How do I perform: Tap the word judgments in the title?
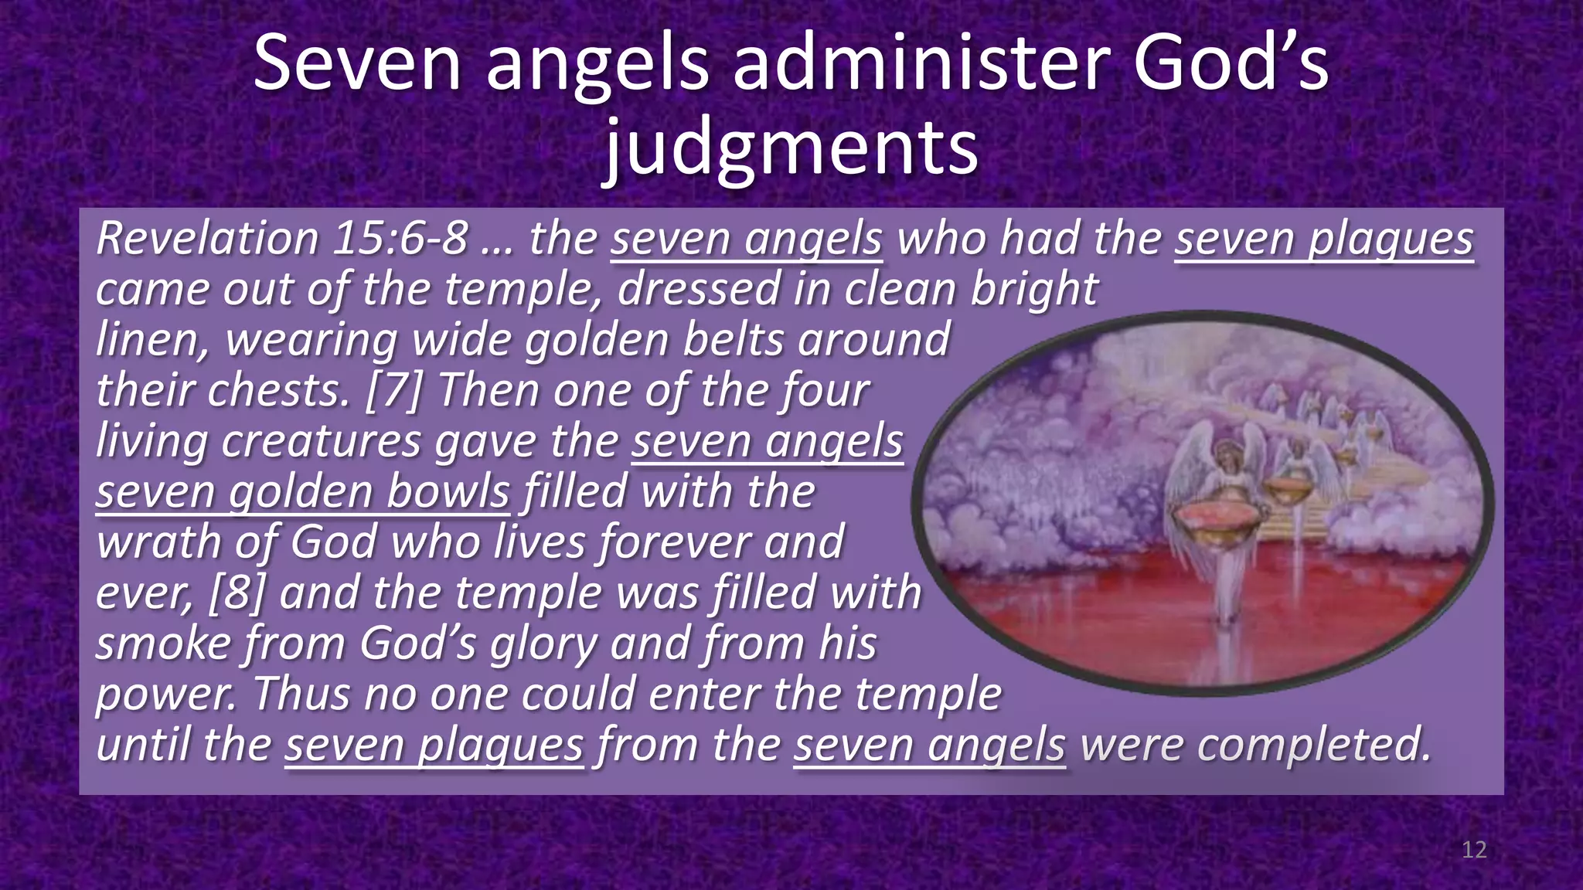(791, 147)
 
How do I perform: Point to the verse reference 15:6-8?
(400, 238)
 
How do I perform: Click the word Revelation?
(207, 238)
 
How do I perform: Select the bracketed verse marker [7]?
(393, 390)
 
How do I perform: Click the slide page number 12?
(1474, 850)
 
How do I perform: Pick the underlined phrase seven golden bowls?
(303, 492)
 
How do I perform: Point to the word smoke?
(163, 644)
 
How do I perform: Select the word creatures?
(321, 441)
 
